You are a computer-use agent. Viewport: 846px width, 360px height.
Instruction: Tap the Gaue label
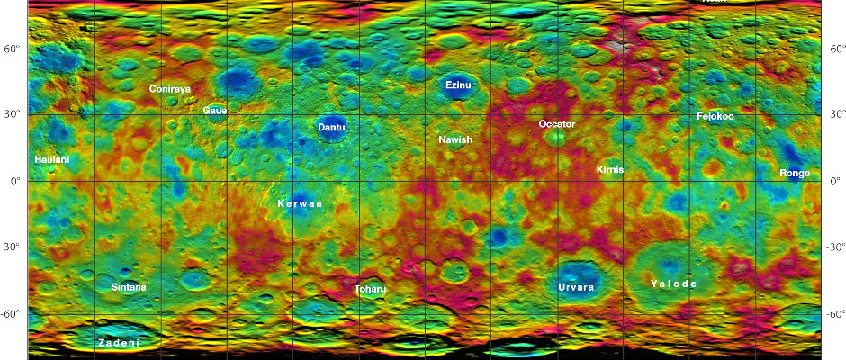[215, 110]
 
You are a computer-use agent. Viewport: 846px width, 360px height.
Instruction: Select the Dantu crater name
[331, 128]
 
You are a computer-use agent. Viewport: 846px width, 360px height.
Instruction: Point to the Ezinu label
[458, 85]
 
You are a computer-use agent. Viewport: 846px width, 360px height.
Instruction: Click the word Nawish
[455, 139]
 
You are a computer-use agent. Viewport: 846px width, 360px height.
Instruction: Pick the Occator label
[556, 123]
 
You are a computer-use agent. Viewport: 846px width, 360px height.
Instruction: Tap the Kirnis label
[609, 169]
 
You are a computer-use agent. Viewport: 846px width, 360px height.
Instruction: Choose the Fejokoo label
[715, 117]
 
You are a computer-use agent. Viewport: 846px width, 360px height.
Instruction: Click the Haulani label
[51, 159]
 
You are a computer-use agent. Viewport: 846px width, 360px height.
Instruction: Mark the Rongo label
[795, 173]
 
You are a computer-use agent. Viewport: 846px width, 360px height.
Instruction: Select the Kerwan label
[300, 204]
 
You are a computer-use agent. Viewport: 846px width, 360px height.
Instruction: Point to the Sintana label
[128, 287]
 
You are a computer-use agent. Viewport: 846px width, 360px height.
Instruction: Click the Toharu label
[370, 289]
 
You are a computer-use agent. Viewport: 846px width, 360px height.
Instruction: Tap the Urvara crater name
[576, 287]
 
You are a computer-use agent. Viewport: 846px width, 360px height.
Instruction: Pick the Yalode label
[673, 283]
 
